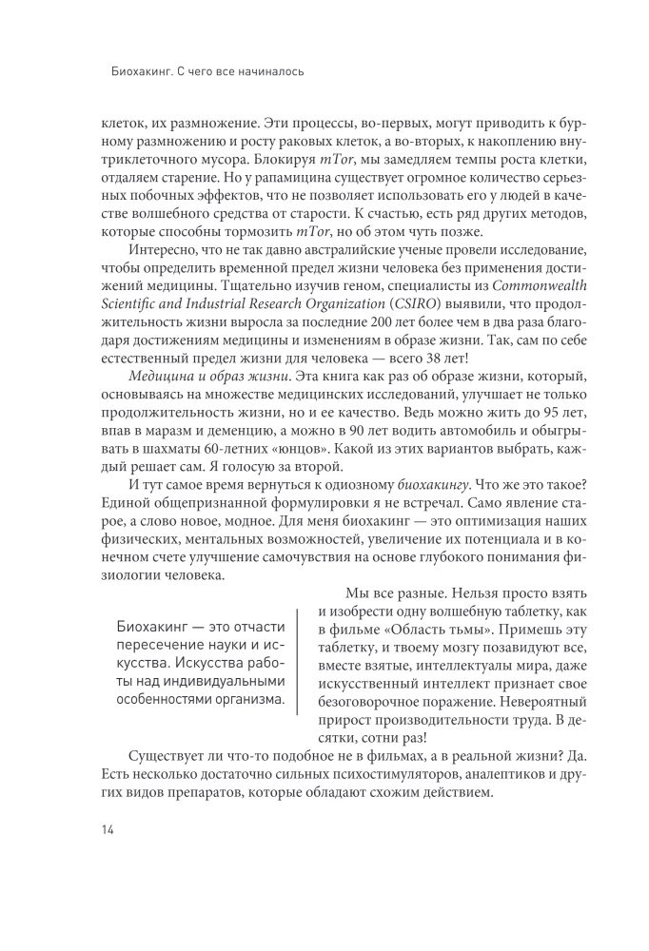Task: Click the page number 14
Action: pos(106,829)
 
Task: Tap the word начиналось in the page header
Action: pos(273,71)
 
